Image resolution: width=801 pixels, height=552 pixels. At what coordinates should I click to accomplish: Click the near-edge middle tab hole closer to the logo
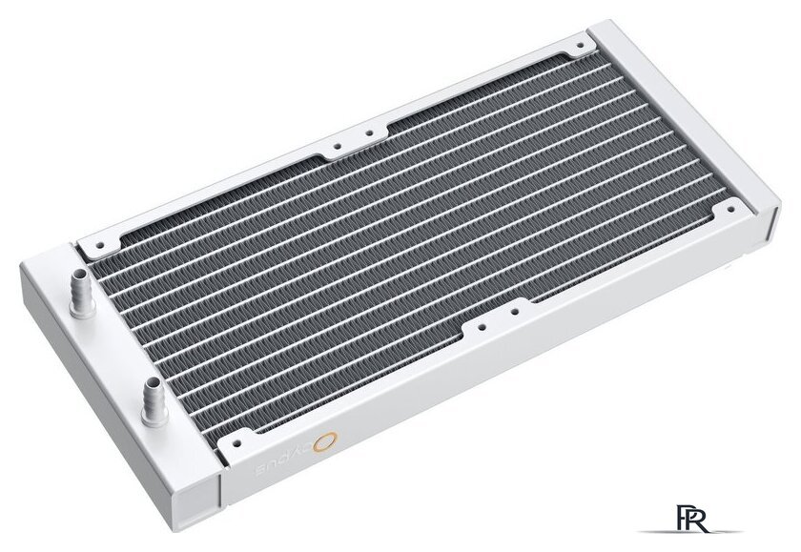(483, 325)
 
